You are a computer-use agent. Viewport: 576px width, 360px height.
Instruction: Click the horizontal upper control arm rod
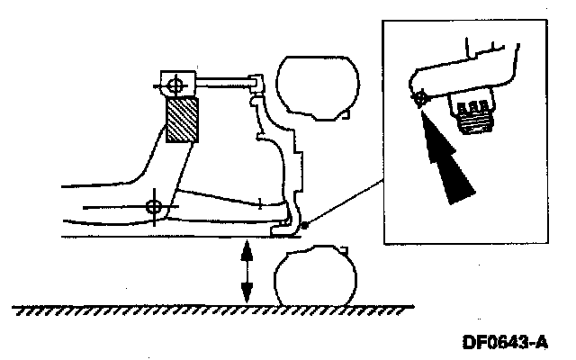(220, 84)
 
